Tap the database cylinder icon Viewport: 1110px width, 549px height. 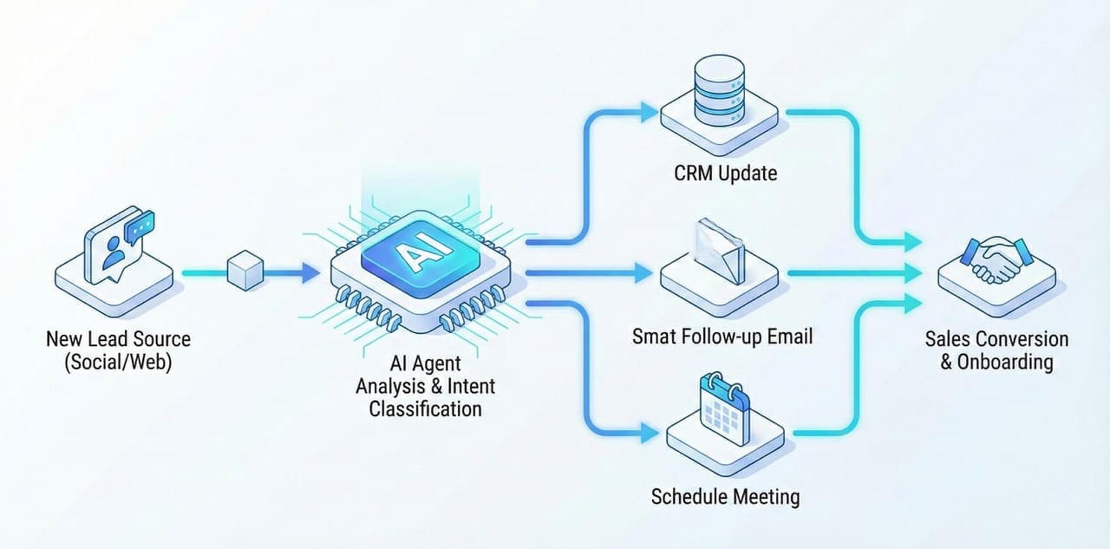pyautogui.click(x=719, y=91)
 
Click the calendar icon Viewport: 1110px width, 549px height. pyautogui.click(x=724, y=407)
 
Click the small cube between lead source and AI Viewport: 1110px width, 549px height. pyautogui.click(x=246, y=270)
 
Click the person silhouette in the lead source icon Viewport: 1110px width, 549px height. pyautogui.click(x=113, y=253)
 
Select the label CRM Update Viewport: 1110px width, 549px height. pyautogui.click(x=725, y=173)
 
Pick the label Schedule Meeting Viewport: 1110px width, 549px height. pyautogui.click(x=725, y=496)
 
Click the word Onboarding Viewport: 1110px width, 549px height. pyautogui.click(x=1005, y=362)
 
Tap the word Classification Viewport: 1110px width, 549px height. pyautogui.click(x=425, y=409)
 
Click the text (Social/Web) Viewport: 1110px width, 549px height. pyautogui.click(x=118, y=362)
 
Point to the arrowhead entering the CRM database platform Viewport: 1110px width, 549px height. pyautogui.click(x=649, y=112)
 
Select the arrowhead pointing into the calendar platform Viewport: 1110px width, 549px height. pyautogui.click(x=649, y=433)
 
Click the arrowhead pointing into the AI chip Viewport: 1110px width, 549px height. pyautogui.click(x=310, y=272)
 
